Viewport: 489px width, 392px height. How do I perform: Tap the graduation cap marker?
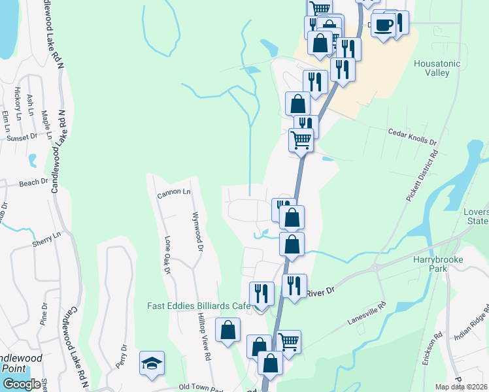152,363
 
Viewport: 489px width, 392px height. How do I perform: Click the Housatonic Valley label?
437,68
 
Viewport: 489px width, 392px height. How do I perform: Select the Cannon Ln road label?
174,193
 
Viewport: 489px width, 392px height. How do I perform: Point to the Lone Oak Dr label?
167,255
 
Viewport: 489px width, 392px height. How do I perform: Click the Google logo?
22,384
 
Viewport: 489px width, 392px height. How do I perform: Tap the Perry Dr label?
122,356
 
